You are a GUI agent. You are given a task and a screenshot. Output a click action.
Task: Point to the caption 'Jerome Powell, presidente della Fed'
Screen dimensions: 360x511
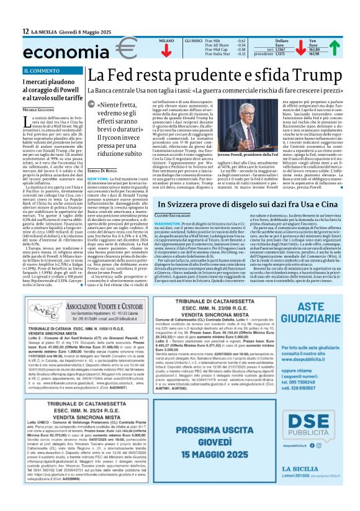(254, 153)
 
